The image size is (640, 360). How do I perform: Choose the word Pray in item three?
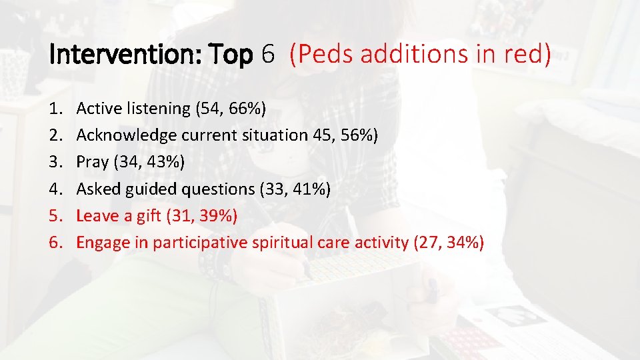click(x=91, y=162)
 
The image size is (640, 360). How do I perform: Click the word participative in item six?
click(x=201, y=243)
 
